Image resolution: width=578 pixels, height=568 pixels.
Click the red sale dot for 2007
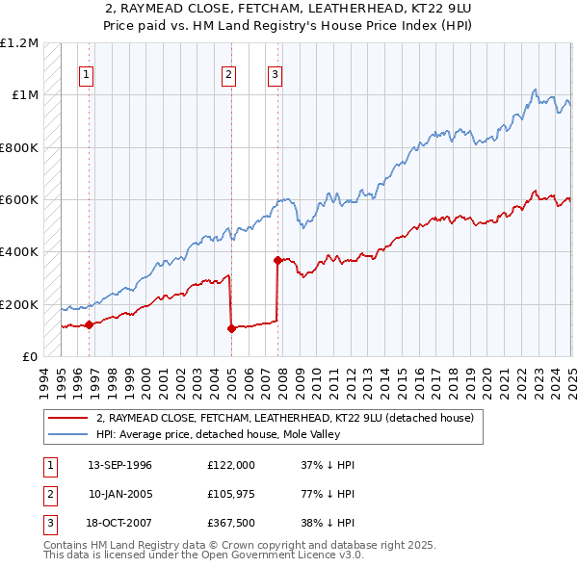pos(277,260)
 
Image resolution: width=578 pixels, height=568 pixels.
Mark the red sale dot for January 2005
pos(231,328)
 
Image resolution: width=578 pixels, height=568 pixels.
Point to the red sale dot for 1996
pos(89,324)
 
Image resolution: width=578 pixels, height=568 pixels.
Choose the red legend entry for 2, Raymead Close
pos(284,419)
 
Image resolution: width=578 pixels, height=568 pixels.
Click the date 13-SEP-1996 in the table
pos(119,465)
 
